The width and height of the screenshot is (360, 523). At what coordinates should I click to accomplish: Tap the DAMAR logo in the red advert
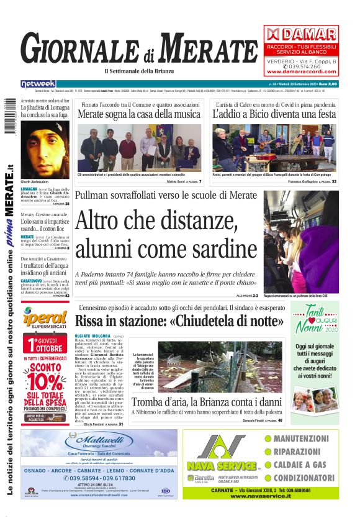click(301, 34)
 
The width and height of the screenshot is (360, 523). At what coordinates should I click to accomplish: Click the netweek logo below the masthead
click(38, 83)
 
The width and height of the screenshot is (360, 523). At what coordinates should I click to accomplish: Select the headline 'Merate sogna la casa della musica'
click(139, 114)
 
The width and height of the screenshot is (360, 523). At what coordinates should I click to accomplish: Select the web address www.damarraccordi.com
click(301, 71)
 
